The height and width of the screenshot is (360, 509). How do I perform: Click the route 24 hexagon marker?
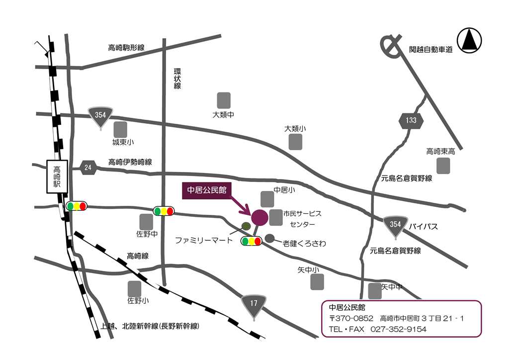point(88,167)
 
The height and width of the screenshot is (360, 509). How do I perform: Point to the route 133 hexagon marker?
point(411,120)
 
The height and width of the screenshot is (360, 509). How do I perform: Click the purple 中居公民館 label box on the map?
point(206,190)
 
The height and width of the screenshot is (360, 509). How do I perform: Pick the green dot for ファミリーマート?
point(246,226)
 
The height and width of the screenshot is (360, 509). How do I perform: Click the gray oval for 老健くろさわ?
point(270,239)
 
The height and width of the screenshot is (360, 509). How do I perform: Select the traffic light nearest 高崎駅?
point(76,206)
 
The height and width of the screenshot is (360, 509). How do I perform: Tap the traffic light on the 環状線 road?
point(164,211)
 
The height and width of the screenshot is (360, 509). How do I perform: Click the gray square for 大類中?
point(224,100)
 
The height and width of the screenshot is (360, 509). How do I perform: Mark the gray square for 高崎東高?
point(443,166)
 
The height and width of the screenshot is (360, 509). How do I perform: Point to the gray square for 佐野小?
point(134,288)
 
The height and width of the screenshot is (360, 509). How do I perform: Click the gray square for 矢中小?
point(317,282)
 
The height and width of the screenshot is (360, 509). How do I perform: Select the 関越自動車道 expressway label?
point(430,50)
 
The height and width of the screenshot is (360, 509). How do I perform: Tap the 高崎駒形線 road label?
point(126,48)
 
